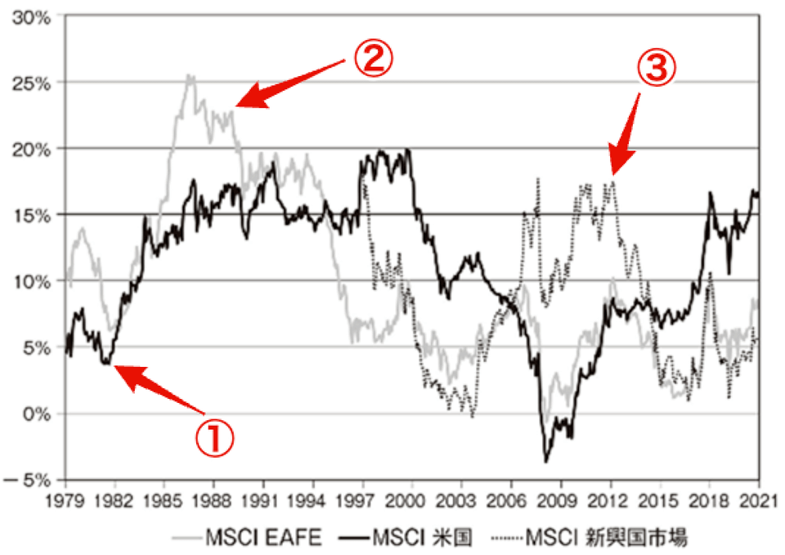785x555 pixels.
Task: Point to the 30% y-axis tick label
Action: [31, 16]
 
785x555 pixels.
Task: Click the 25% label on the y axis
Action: [31, 83]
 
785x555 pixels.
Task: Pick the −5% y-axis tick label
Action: [29, 480]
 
